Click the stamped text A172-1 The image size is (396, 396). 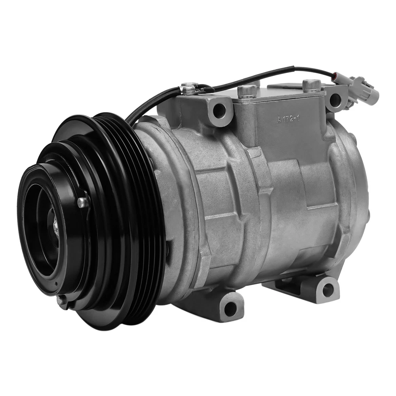[288, 118]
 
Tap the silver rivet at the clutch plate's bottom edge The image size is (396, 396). [60, 299]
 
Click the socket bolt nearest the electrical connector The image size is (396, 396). [311, 86]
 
